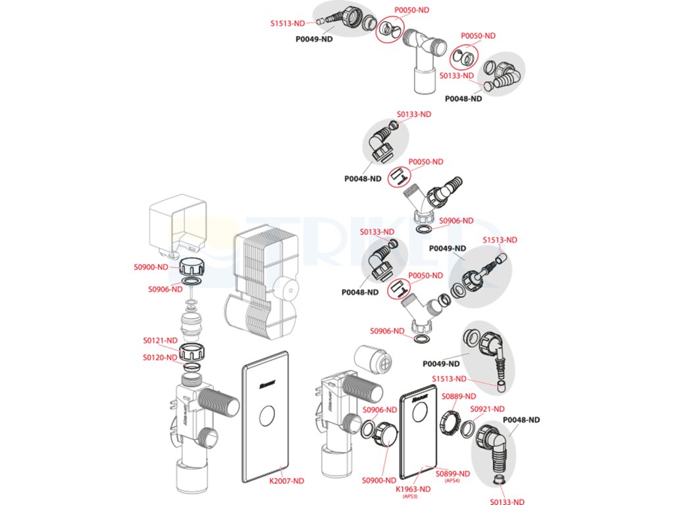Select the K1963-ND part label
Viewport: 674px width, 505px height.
click(413, 489)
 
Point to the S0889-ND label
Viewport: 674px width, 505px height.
click(459, 397)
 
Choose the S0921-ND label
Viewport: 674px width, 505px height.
click(487, 409)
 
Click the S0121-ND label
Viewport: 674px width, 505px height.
click(161, 341)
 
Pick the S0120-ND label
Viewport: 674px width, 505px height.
click(161, 358)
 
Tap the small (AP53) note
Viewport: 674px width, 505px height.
click(411, 496)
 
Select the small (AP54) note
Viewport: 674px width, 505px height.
click(452, 481)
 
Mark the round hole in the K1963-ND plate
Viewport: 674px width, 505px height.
click(416, 414)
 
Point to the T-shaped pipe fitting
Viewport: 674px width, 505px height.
click(419, 56)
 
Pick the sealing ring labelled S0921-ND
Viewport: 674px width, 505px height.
click(467, 429)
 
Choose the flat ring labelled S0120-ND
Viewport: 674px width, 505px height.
click(192, 366)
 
